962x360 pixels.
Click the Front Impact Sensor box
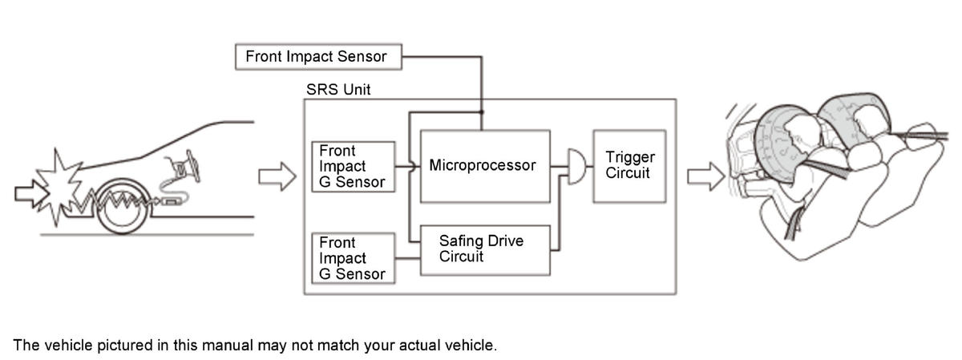318,56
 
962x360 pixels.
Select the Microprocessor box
485,166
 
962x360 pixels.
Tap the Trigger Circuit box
629,166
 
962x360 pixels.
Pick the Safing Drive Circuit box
485,250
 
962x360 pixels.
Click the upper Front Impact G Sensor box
353,167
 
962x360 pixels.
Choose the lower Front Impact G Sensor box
353,258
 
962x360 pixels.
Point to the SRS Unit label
338,89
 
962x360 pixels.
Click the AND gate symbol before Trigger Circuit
576,167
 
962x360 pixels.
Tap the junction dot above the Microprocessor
482,112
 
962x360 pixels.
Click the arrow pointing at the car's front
30,193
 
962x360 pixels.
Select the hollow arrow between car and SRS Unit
277,176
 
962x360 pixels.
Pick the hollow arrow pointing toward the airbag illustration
705,176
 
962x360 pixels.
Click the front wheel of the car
123,206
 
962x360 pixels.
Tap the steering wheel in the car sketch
193,165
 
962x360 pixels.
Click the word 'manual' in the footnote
227,345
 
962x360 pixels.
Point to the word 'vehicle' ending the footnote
471,345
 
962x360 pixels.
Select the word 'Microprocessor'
483,165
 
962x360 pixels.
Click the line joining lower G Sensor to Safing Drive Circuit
407,258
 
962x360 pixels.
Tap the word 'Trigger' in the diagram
630,158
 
